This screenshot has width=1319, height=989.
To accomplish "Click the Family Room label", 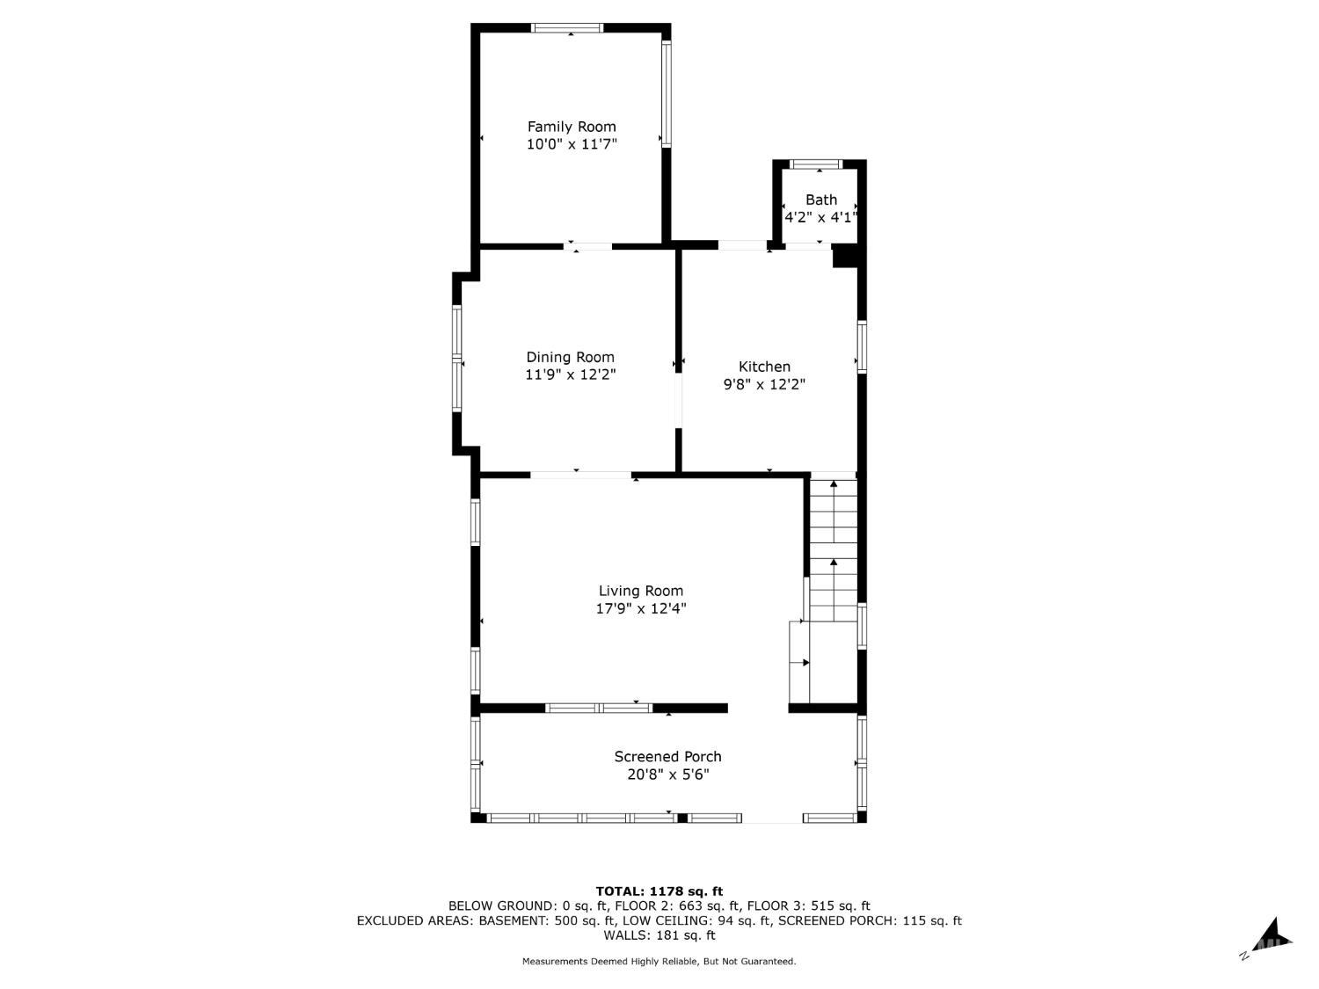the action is [572, 127].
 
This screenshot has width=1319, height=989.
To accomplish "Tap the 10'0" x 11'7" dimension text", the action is [572, 144].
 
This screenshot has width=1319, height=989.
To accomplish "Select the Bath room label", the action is [820, 200].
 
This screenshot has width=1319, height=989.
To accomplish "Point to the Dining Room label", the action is [571, 357].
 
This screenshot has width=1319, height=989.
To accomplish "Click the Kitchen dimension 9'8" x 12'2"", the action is [764, 384].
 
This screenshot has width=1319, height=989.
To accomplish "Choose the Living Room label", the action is [640, 591].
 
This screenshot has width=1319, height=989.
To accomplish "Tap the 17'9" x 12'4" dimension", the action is [640, 609].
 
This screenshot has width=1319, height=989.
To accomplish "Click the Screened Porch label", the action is [667, 757].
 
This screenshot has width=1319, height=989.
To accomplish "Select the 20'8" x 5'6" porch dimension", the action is [667, 774].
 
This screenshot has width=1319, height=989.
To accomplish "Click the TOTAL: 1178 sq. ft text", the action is [659, 891].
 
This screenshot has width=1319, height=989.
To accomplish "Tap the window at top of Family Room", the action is [566, 27].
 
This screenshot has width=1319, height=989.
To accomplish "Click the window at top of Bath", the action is [815, 164].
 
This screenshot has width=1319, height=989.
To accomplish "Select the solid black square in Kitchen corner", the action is [844, 258].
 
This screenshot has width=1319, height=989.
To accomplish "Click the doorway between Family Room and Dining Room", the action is [587, 246].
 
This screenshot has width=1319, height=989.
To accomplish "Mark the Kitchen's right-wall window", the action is [862, 347].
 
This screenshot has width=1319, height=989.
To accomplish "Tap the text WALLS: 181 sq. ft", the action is [659, 935].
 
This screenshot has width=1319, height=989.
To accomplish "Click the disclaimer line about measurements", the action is [659, 962].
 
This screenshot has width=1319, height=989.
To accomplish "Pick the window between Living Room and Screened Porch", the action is [599, 708].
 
